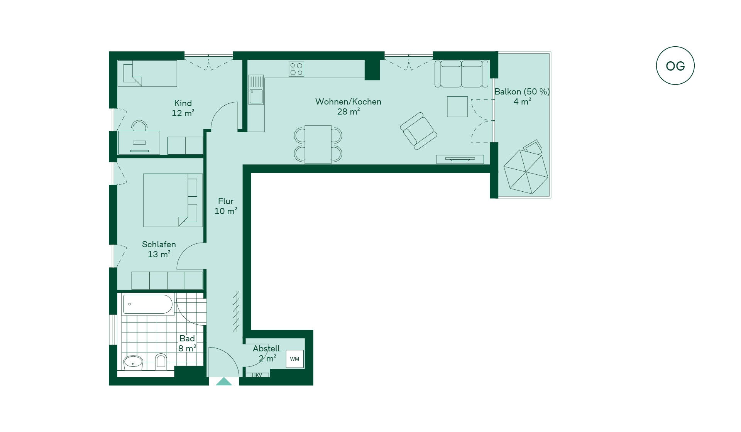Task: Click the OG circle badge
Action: (675, 66)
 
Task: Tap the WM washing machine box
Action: (294, 359)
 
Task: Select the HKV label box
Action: (257, 375)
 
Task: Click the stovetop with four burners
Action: (296, 69)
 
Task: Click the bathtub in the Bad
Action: (148, 304)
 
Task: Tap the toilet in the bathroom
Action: (161, 361)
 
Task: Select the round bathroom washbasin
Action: (134, 363)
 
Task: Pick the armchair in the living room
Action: (418, 131)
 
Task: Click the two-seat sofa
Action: (461, 74)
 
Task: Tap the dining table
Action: (318, 144)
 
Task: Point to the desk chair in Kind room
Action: (139, 126)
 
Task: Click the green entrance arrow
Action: (224, 381)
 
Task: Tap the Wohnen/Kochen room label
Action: (348, 102)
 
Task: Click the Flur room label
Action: (226, 201)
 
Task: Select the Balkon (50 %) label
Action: (522, 92)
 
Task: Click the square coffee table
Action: (457, 106)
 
